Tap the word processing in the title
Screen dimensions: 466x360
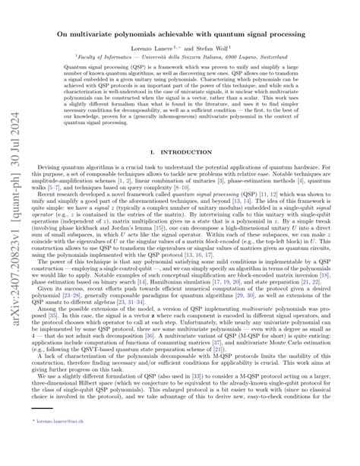292,36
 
